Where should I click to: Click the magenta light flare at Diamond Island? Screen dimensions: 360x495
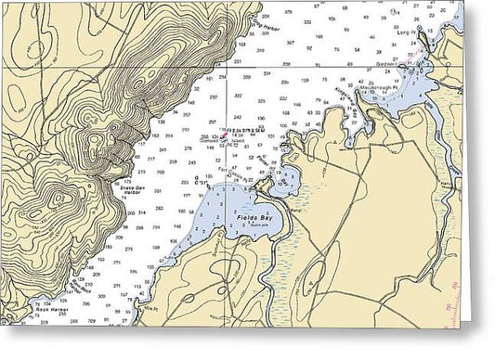[x=223, y=133]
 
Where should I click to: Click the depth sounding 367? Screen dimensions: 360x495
[x=291, y=44]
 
